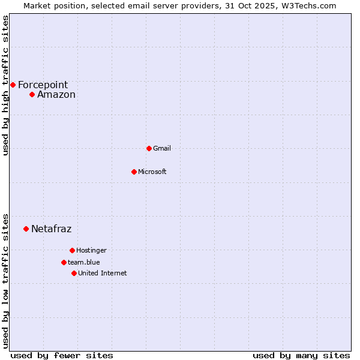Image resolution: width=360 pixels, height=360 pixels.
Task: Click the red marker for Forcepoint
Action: pyautogui.click(x=13, y=85)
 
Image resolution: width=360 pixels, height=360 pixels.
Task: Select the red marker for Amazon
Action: pyautogui.click(x=32, y=94)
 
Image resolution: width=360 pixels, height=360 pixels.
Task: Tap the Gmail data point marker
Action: pyautogui.click(x=149, y=148)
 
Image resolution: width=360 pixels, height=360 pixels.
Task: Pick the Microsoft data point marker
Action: pyautogui.click(x=134, y=172)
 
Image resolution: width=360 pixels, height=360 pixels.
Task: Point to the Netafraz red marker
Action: pyautogui.click(x=26, y=229)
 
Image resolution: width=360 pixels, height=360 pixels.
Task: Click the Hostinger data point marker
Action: pyautogui.click(x=72, y=250)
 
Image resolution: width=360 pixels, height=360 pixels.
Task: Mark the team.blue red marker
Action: pyautogui.click(x=64, y=262)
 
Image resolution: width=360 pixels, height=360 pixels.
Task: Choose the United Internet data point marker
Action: pyautogui.click(x=74, y=273)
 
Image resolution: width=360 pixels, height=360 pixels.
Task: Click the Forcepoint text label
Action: pyautogui.click(x=43, y=85)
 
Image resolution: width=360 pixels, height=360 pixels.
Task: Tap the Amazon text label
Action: pyautogui.click(x=56, y=95)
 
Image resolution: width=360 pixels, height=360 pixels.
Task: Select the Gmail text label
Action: pyautogui.click(x=162, y=149)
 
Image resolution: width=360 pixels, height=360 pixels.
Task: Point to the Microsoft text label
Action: pyautogui.click(x=152, y=172)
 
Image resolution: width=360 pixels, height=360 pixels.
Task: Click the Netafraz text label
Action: pyautogui.click(x=51, y=229)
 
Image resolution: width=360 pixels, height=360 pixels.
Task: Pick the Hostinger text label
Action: pyautogui.click(x=91, y=251)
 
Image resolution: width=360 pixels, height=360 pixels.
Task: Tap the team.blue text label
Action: pyautogui.click(x=84, y=263)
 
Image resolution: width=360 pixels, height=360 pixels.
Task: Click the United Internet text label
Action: pyautogui.click(x=102, y=274)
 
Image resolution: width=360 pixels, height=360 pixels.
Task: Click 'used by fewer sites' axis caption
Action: pyautogui.click(x=62, y=355)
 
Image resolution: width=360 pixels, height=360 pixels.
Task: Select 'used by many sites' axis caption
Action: pyautogui.click(x=301, y=355)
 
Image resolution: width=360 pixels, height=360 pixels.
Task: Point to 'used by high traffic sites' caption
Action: pyautogui.click(x=6, y=85)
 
